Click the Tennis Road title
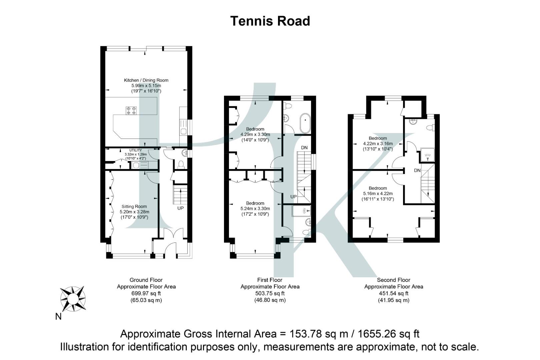pos(270,21)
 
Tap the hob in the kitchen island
pos(131,111)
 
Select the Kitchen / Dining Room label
pos(146,80)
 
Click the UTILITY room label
pos(135,150)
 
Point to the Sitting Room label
pos(134,207)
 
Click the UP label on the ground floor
pos(180,208)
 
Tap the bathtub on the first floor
pos(305,124)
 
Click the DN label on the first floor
pos(304,148)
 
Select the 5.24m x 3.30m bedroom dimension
pos(255,209)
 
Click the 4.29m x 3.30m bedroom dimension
pos(255,135)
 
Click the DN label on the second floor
pos(417,171)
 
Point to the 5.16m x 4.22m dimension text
pos(378,194)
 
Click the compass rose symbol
pos(73,299)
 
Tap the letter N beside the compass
pos(58,317)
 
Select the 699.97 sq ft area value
pos(146,294)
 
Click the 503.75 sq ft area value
pos(270,294)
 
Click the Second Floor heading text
pos(393,280)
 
